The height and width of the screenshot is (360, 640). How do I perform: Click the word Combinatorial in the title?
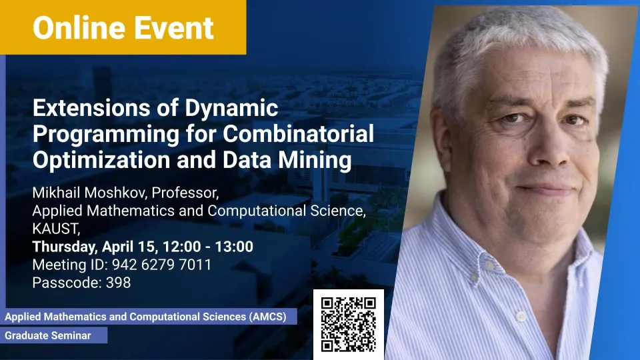tap(299, 133)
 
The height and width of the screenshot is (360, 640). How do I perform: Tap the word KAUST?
tap(56, 229)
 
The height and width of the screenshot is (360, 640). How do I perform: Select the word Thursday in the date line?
tap(65, 247)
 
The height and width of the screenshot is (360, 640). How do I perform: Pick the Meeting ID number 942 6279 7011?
tap(161, 265)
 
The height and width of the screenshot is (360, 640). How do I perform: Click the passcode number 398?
tap(119, 283)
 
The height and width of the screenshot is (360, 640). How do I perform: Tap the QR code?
tap(348, 325)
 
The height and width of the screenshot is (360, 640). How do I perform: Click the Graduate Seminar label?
tap(48, 335)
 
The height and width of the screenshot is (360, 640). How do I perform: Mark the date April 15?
tap(129, 247)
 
